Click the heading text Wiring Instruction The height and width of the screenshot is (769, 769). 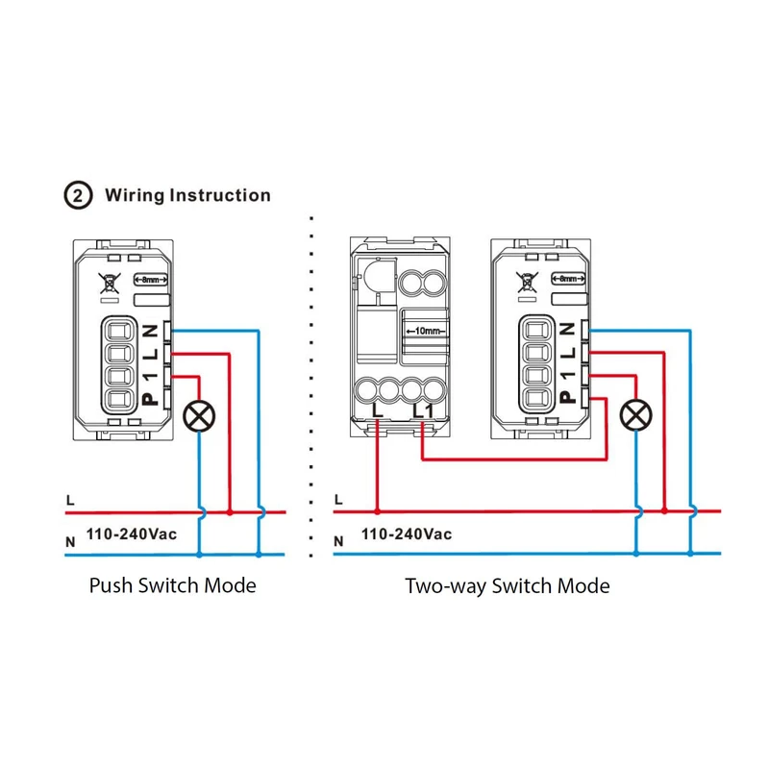click(x=187, y=195)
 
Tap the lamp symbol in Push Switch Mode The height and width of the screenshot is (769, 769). click(x=199, y=415)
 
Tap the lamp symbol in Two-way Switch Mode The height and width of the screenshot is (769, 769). click(x=634, y=415)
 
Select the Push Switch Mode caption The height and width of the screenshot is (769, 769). click(x=173, y=584)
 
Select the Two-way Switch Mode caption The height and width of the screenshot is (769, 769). click(x=508, y=584)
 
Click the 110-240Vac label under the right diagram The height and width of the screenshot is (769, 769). click(x=407, y=533)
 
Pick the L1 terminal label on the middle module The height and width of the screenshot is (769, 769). click(x=419, y=411)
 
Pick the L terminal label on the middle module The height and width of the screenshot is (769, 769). click(x=376, y=411)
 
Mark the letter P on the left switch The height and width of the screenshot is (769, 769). click(x=147, y=397)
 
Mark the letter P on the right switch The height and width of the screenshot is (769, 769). click(x=567, y=397)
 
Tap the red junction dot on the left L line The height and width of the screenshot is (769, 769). click(x=230, y=512)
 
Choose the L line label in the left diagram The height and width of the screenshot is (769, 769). click(x=70, y=501)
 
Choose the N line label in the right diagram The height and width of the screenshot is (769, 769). click(x=337, y=542)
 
